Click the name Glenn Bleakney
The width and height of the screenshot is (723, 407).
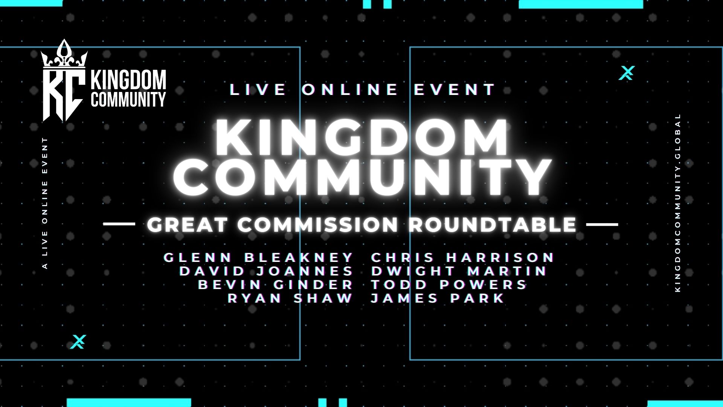258,258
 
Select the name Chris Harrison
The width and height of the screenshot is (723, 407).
463,258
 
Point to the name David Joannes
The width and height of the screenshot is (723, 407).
266,271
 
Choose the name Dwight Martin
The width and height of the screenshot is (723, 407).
459,271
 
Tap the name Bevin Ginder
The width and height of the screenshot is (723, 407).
275,285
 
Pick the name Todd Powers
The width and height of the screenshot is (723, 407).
449,285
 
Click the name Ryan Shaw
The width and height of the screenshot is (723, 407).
290,298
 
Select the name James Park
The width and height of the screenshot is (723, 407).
438,298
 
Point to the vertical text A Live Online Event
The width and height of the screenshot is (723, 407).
45,203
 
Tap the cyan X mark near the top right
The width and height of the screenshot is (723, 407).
627,73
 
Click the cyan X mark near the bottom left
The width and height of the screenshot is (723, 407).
78,341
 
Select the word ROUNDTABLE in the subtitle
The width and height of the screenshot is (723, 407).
493,225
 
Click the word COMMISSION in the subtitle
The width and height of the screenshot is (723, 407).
317,225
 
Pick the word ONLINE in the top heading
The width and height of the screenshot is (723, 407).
350,90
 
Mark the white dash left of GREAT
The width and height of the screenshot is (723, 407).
119,224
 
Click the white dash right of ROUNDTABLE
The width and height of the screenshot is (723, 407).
602,225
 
